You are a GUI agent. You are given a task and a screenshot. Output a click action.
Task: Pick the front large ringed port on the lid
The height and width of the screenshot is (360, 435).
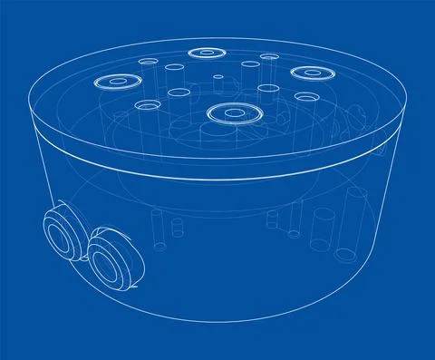(x=232, y=113)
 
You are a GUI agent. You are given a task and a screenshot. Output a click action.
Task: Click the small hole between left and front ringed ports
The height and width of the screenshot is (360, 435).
(x=146, y=106)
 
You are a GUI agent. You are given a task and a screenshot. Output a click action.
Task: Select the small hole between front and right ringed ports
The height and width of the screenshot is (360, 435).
(x=268, y=89)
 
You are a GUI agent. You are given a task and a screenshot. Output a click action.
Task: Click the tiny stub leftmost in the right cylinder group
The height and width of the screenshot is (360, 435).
(x=270, y=218)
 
